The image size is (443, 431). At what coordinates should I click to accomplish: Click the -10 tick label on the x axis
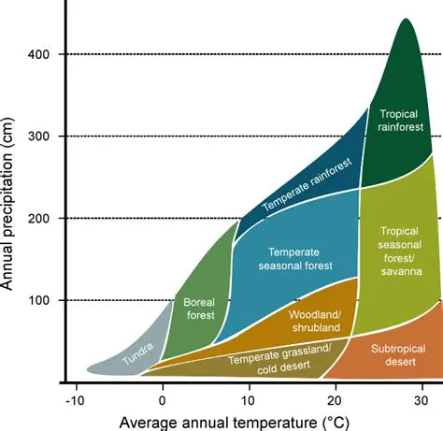pos(75,400)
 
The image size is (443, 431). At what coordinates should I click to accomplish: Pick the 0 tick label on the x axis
pos(163,400)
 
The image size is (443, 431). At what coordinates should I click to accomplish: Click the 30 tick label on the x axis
pos(422,400)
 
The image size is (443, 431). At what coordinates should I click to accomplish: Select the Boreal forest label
pos(199,309)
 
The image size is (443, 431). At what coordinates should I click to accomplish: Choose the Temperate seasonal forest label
pos(293,264)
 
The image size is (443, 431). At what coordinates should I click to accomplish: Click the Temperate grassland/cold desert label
pos(281,359)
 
